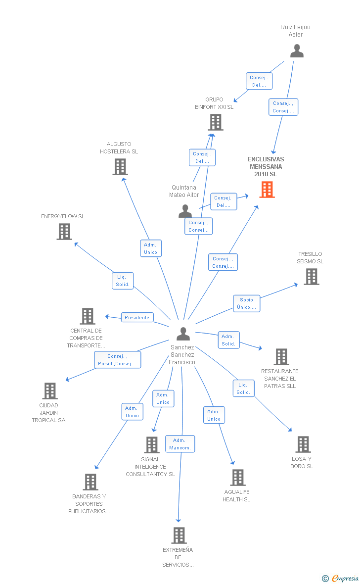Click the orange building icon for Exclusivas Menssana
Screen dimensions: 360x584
pyautogui.click(x=267, y=189)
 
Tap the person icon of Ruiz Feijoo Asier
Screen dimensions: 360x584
pyautogui.click(x=297, y=50)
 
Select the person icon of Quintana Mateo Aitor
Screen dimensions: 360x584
pyautogui.click(x=185, y=211)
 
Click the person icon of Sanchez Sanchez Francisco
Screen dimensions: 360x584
pyautogui.click(x=183, y=334)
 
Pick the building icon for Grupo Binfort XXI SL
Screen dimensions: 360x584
pyautogui.click(x=216, y=122)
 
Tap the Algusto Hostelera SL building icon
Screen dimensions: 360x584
pyautogui.click(x=120, y=166)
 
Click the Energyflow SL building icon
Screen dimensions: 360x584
pyautogui.click(x=64, y=231)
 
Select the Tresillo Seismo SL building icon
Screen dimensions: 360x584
pyautogui.click(x=312, y=276)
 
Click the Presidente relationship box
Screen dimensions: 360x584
pyautogui.click(x=137, y=317)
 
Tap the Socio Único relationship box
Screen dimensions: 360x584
pyautogui.click(x=246, y=303)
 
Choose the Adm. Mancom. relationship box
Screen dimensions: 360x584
pyautogui.click(x=180, y=443)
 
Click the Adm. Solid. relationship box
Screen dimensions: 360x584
pyautogui.click(x=228, y=340)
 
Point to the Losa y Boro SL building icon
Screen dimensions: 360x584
pyautogui.click(x=303, y=444)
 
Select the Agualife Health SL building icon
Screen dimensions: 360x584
pyautogui.click(x=238, y=477)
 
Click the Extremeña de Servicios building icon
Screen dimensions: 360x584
pyautogui.click(x=179, y=535)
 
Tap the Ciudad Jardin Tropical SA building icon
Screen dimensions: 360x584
pyautogui.click(x=50, y=390)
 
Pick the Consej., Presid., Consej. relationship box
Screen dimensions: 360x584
pyautogui.click(x=118, y=360)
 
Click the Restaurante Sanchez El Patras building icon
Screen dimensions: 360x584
pyautogui.click(x=281, y=356)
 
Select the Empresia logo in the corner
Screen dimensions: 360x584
pyautogui.click(x=340, y=578)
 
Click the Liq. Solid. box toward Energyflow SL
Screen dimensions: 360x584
pyautogui.click(x=123, y=281)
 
